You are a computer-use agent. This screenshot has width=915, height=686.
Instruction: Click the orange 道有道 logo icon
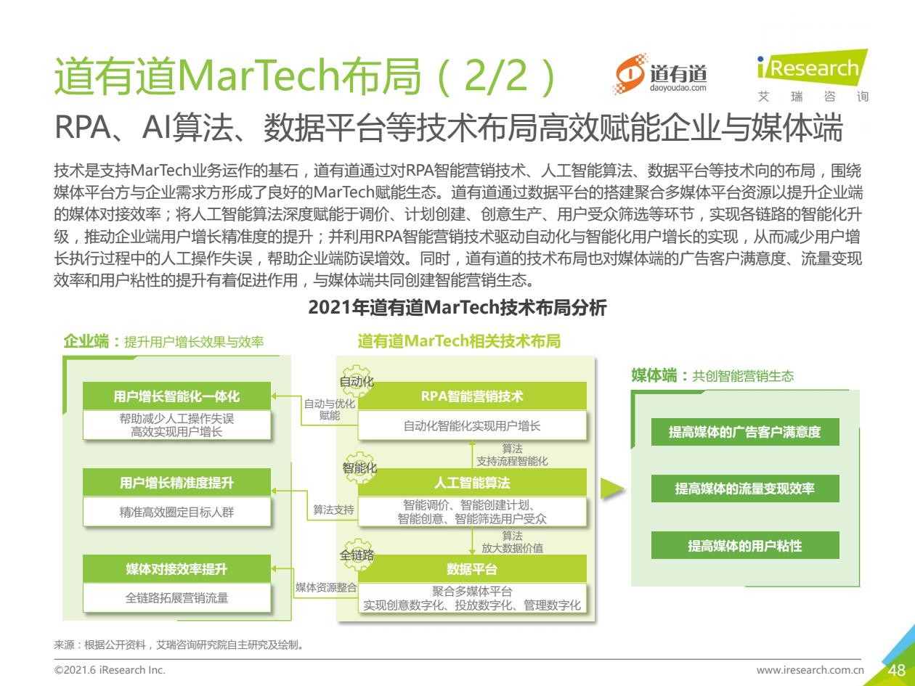pyautogui.click(x=630, y=74)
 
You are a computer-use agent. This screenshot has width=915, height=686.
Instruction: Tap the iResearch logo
pyautogui.click(x=813, y=75)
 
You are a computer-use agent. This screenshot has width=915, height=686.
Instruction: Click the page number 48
pyautogui.click(x=897, y=670)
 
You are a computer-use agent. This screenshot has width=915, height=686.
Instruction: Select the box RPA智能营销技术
pyautogui.click(x=472, y=396)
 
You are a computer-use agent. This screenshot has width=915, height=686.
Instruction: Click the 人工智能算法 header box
pyautogui.click(x=472, y=482)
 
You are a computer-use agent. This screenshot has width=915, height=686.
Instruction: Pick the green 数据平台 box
pyautogui.click(x=472, y=568)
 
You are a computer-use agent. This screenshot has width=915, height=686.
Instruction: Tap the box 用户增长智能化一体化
pyautogui.click(x=176, y=396)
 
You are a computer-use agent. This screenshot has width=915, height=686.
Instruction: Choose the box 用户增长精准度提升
pyautogui.click(x=176, y=482)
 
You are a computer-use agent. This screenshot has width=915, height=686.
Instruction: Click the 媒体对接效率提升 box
pyautogui.click(x=176, y=568)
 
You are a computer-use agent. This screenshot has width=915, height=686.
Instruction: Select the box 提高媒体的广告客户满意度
pyautogui.click(x=745, y=432)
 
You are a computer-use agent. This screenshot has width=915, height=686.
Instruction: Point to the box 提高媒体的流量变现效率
pyautogui.click(x=745, y=488)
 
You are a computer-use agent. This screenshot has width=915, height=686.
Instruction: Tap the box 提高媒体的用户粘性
pyautogui.click(x=745, y=545)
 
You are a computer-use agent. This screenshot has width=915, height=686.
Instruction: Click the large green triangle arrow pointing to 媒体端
pyautogui.click(x=611, y=489)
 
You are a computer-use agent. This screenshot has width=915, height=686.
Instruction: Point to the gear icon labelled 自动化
pyautogui.click(x=356, y=380)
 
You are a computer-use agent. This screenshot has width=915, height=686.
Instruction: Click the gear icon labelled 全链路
pyautogui.click(x=357, y=554)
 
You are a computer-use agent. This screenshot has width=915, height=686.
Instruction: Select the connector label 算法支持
pyautogui.click(x=333, y=510)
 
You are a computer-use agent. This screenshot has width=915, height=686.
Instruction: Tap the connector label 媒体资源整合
pyautogui.click(x=326, y=587)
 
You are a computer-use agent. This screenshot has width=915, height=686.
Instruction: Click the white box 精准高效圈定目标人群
pyautogui.click(x=176, y=512)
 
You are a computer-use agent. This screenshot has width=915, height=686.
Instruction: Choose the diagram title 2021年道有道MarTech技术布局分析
pyautogui.click(x=457, y=308)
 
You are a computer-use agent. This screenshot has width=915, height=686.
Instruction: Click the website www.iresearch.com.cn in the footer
pyautogui.click(x=810, y=670)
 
